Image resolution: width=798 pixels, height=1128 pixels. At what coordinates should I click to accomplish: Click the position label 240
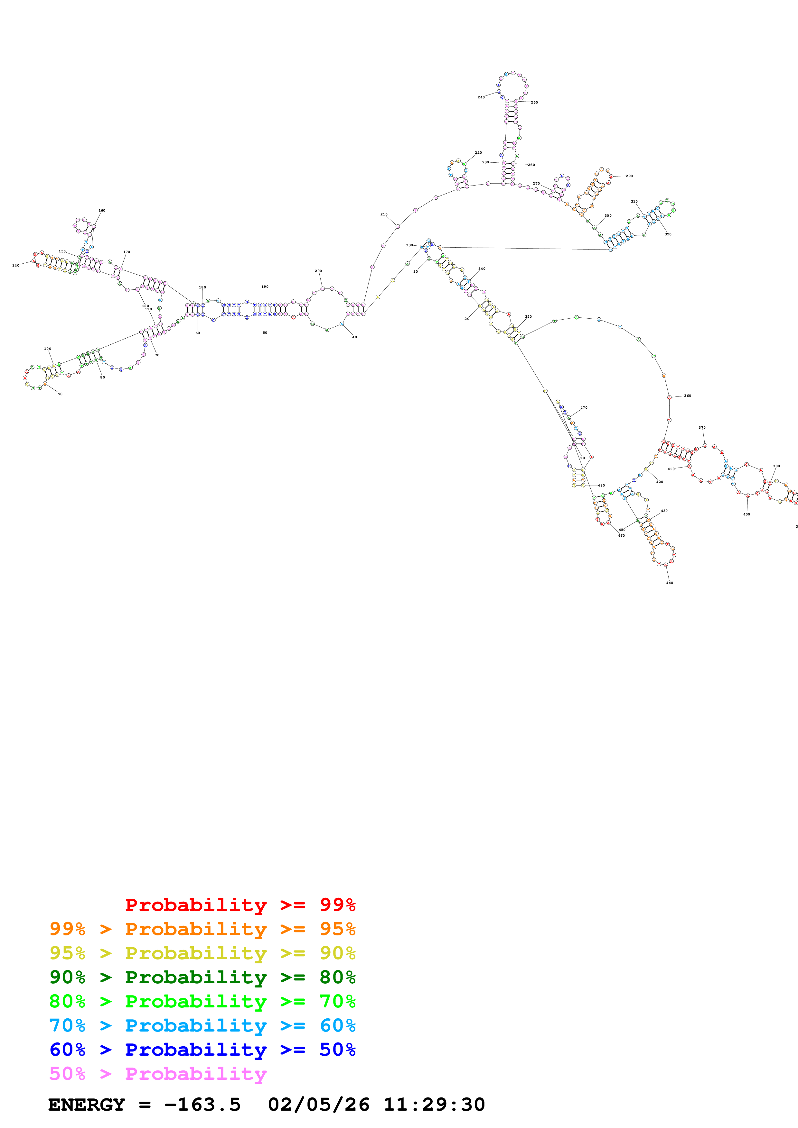pyautogui.click(x=481, y=97)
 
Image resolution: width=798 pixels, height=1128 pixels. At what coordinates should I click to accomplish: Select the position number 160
pyautogui.click(x=102, y=210)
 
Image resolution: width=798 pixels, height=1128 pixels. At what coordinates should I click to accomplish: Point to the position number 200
pyautogui.click(x=318, y=271)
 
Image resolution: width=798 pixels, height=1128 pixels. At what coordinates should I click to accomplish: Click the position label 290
pyautogui.click(x=629, y=176)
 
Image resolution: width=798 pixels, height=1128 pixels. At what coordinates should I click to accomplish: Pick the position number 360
pyautogui.click(x=687, y=396)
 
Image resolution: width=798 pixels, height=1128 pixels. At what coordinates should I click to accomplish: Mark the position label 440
pyautogui.click(x=669, y=583)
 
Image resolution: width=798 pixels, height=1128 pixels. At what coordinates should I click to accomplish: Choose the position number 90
pyautogui.click(x=60, y=394)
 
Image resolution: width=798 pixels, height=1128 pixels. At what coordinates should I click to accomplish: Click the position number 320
pyautogui.click(x=668, y=234)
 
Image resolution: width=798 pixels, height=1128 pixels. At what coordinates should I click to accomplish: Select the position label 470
pyautogui.click(x=584, y=407)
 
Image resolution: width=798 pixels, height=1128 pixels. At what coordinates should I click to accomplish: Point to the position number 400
pyautogui.click(x=746, y=514)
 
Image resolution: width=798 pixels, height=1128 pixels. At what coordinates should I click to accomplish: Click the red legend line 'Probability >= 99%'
pyautogui.click(x=240, y=905)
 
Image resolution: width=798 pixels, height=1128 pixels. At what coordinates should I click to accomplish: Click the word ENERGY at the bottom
pyautogui.click(x=87, y=1105)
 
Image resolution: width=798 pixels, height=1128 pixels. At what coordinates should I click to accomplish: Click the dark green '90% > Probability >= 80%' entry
pyautogui.click(x=202, y=977)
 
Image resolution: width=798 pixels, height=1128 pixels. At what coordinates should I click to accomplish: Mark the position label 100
pyautogui.click(x=48, y=349)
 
